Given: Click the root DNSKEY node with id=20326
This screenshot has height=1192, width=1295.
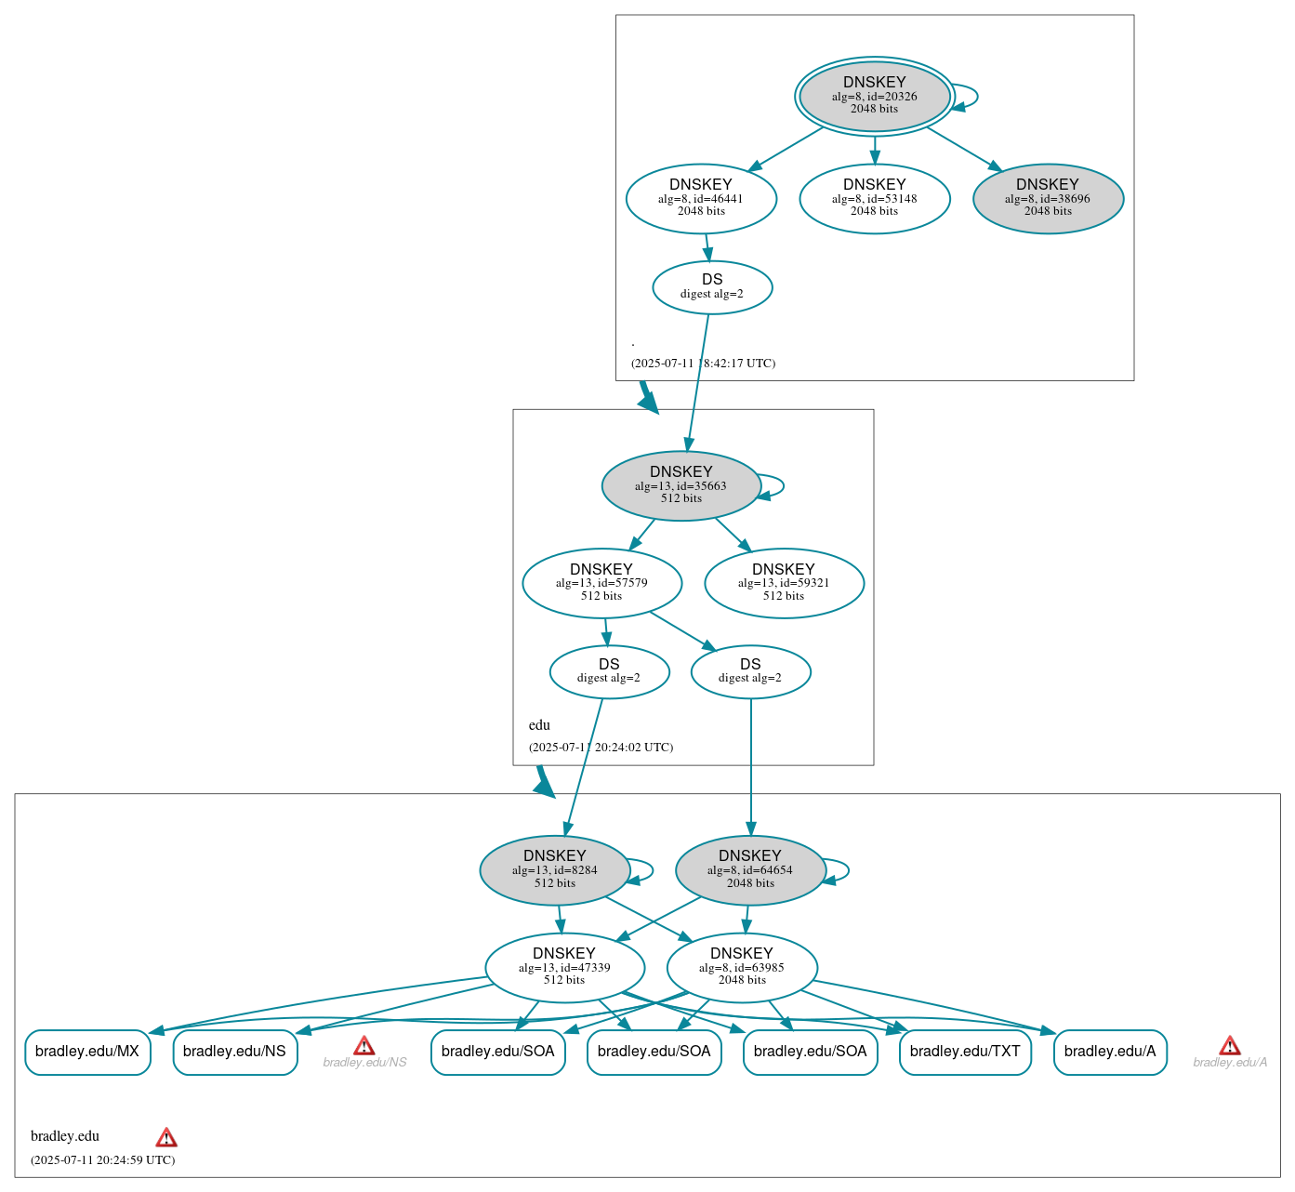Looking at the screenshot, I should (x=874, y=96).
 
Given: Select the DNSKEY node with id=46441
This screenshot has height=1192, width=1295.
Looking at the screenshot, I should (x=701, y=198).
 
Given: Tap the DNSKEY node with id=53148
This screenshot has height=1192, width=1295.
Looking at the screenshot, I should (x=874, y=198).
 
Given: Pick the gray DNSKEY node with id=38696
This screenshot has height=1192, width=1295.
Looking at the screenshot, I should (x=1048, y=198).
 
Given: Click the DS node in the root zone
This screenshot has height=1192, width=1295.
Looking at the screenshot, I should (x=712, y=287).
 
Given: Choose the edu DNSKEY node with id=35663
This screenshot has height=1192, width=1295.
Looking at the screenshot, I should (x=681, y=485).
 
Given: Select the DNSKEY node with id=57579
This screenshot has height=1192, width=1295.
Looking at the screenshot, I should (x=601, y=583).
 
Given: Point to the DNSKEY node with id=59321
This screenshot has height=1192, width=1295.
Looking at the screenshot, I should (x=784, y=583).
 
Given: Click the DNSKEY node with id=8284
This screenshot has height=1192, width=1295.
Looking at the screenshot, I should (x=555, y=869).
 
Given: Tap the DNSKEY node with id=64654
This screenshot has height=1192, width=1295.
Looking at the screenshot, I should (x=750, y=869).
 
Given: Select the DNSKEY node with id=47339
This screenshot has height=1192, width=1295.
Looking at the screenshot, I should (x=564, y=967).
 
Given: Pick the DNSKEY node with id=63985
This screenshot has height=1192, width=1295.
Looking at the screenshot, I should (x=742, y=967).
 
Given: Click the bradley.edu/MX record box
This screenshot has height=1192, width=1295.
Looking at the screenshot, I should (x=87, y=1052).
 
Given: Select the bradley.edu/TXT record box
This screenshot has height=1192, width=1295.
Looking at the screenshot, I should (x=965, y=1052).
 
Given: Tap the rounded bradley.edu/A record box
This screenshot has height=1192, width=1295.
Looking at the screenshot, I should (x=1110, y=1052).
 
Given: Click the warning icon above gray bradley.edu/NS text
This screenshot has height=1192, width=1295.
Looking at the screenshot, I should (x=364, y=1045).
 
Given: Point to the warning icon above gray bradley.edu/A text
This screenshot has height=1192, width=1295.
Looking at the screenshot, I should (x=1230, y=1045).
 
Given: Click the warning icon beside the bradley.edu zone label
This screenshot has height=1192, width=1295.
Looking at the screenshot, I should (x=166, y=1137).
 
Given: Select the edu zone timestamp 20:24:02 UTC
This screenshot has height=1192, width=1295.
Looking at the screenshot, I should (x=601, y=747).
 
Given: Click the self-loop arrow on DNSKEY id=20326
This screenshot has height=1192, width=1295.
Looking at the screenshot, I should (x=972, y=97).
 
